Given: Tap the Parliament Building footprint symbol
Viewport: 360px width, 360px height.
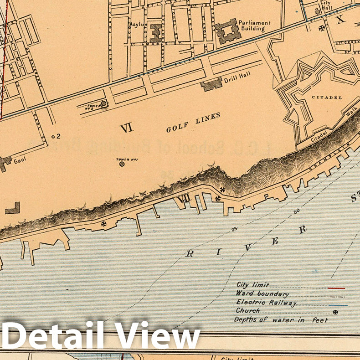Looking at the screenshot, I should point(227,31).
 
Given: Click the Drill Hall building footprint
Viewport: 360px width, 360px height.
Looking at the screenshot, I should point(211,84).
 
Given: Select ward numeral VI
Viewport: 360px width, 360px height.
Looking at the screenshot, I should point(126,129).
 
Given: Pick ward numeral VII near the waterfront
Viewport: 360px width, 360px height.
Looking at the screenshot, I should point(184,198).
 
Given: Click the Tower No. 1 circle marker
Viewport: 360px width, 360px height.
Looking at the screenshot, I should point(122,163).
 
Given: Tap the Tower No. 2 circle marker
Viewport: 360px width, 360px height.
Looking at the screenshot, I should point(104,104).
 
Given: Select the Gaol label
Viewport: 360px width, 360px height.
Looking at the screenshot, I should point(19,161).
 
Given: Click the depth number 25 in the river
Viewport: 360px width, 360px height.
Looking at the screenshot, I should point(234,229).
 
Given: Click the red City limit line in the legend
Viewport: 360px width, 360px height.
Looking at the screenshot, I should point(336,288).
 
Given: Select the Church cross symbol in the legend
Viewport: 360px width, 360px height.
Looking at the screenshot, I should point(336,312).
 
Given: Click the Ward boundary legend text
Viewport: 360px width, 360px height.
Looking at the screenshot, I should point(262,294).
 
